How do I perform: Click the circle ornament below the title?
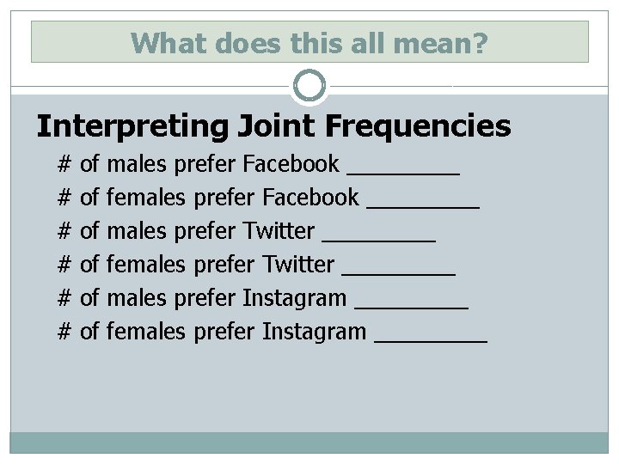309,86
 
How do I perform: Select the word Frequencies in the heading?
418,126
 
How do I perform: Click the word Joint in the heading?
273,126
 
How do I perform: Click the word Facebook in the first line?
291,163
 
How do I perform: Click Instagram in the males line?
295,298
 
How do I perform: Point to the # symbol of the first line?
64,163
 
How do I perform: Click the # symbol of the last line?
64,331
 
